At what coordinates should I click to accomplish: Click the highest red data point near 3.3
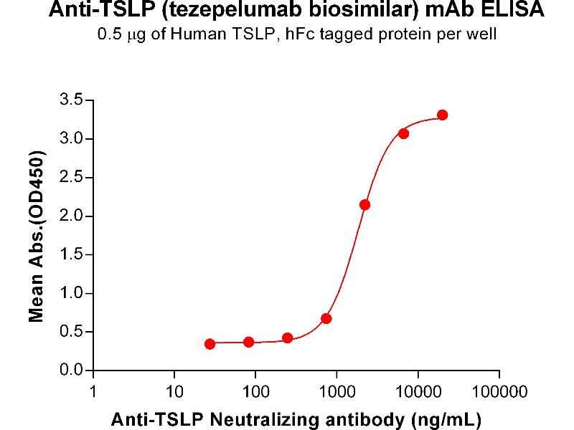[443, 115]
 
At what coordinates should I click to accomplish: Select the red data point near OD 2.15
[364, 204]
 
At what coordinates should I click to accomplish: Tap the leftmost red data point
[210, 344]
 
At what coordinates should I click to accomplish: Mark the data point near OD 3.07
[403, 133]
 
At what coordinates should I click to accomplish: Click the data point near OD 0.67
[326, 318]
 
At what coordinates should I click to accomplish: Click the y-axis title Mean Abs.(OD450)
[36, 236]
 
